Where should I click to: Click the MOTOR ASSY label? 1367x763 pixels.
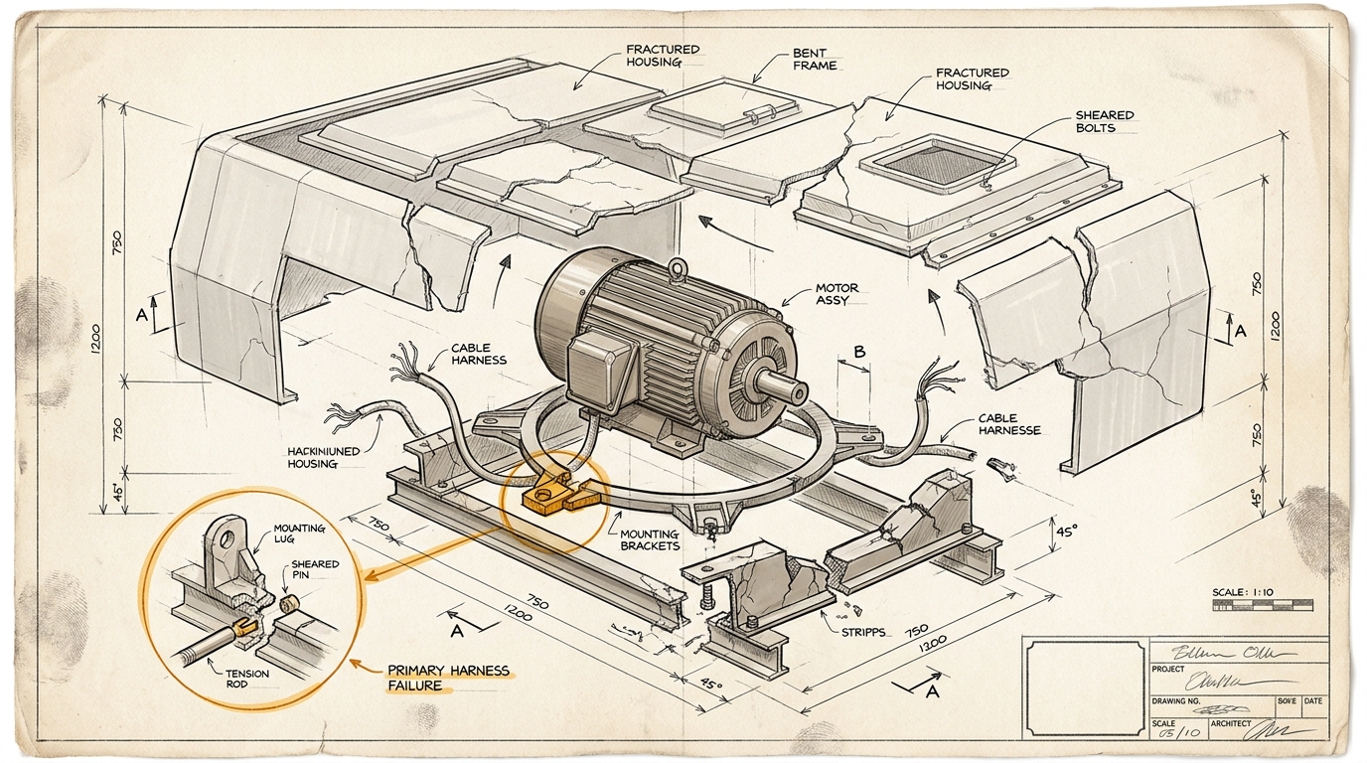click(836, 294)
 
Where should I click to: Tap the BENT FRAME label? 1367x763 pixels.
click(815, 59)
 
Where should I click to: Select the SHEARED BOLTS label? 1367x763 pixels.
click(1104, 121)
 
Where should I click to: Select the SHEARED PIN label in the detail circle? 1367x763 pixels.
click(315, 570)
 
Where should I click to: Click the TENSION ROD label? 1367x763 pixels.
click(240, 678)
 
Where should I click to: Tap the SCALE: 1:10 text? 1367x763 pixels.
click(1242, 592)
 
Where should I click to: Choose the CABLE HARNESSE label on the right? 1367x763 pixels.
click(1009, 424)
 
